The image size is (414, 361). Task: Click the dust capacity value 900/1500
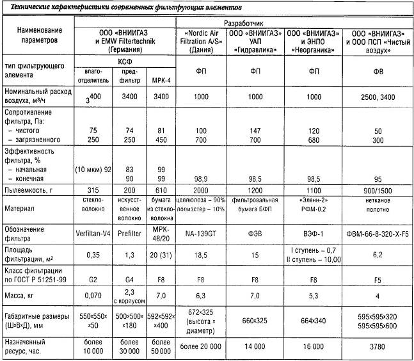377,190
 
